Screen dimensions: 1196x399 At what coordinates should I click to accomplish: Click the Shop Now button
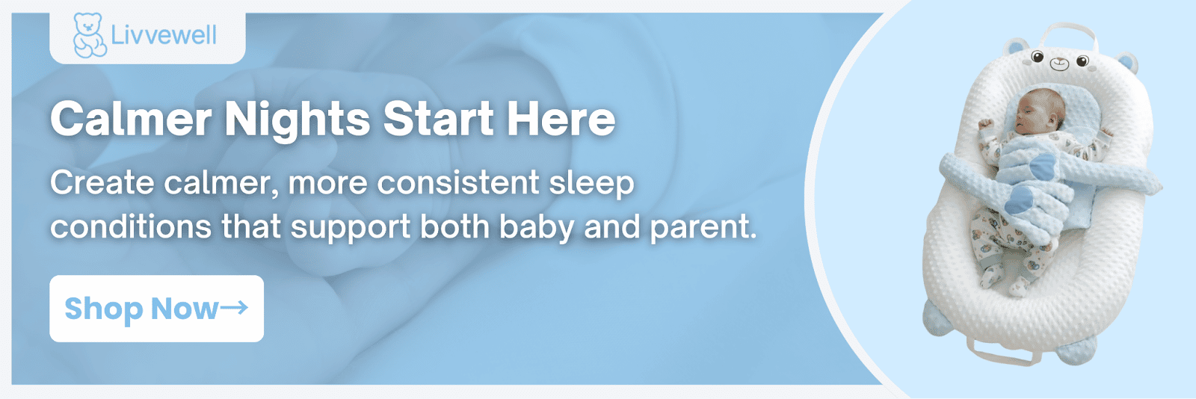tap(156, 309)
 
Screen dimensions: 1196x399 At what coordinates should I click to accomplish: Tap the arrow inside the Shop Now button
tap(234, 307)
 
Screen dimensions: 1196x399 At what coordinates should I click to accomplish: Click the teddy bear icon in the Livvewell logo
tap(89, 35)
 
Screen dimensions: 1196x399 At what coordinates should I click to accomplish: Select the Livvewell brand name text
tap(164, 35)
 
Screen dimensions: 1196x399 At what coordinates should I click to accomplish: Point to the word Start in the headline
tap(438, 118)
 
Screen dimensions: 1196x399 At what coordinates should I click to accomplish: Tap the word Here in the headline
tap(561, 118)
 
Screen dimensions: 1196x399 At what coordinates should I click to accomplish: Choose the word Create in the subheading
tap(102, 182)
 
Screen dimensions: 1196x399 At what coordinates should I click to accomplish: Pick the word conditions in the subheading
tap(131, 226)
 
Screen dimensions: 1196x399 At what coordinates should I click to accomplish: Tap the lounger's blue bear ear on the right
tap(1126, 64)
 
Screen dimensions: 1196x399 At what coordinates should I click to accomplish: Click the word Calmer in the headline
tap(131, 118)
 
